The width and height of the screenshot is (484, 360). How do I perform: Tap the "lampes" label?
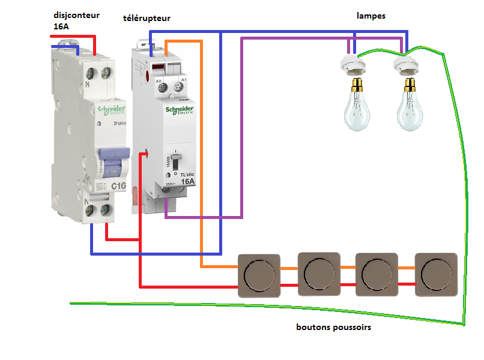(x=371, y=16)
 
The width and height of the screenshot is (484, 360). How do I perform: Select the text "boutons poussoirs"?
(x=333, y=328)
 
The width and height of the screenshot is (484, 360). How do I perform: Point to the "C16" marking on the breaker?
(x=118, y=187)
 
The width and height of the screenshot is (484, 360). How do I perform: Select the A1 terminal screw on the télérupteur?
(x=178, y=88)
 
